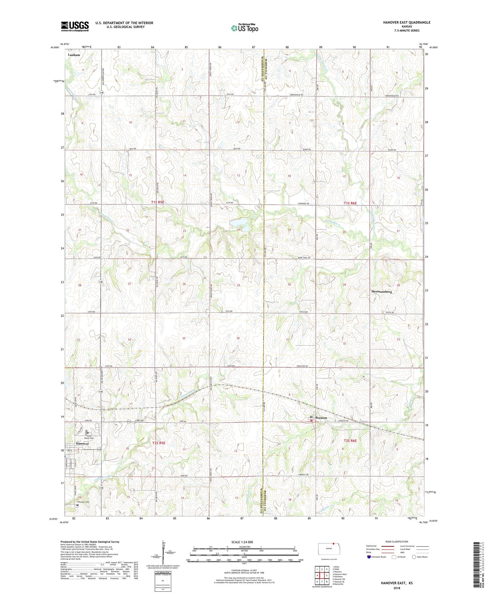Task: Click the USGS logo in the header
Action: click(x=75, y=26)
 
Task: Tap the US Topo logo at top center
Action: click(x=244, y=28)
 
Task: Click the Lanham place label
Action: click(x=74, y=55)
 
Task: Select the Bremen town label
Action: click(x=321, y=418)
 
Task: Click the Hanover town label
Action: click(x=82, y=443)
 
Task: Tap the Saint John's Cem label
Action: click(x=88, y=437)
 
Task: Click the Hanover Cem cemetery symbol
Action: click(x=77, y=505)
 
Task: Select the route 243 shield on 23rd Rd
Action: click(x=130, y=422)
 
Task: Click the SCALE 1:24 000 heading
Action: click(x=244, y=542)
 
